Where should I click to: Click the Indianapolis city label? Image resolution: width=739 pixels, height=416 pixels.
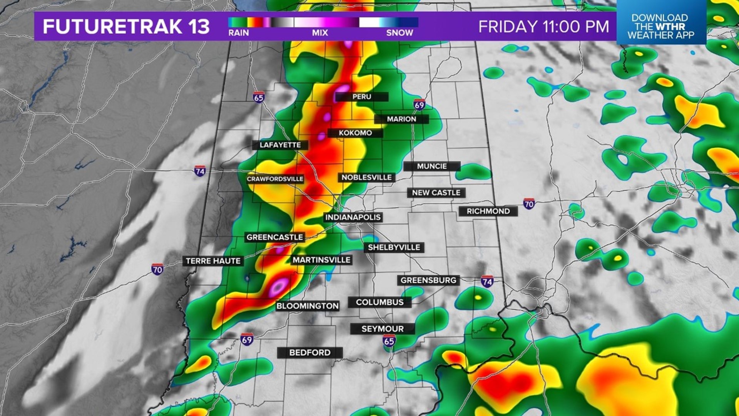pos(353,217)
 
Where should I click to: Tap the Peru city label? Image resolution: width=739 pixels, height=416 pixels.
pos(361,97)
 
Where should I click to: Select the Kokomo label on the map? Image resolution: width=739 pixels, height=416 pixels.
pos(355,133)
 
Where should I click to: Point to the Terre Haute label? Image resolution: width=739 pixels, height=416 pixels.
pos(213,261)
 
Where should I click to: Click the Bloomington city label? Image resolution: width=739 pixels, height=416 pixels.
pos(307,306)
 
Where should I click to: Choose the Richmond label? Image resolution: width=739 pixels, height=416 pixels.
pos(488,211)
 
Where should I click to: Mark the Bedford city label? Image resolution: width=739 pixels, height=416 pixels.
pos(309,352)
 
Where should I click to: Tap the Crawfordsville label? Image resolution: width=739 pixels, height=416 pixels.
pos(275,179)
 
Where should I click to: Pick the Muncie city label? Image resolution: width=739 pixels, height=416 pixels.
pos(431,166)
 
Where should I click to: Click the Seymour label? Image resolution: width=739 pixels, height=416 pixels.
pos(382,329)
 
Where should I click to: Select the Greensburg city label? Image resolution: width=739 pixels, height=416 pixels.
pos(428,280)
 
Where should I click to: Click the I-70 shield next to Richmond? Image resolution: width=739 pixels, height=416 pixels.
pos(529,203)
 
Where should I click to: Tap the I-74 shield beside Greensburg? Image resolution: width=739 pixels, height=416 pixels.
pos(487,282)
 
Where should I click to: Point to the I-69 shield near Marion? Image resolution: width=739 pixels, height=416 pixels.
pos(419,104)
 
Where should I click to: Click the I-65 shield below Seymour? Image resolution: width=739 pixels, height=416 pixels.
pos(389,341)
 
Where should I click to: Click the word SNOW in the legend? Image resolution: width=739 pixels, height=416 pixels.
pos(399,33)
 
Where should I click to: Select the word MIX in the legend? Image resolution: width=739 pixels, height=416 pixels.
pos(320,33)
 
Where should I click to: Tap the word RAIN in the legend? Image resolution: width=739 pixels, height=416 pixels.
pos(238,33)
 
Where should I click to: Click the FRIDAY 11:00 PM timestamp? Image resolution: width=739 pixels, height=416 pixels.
pos(543,27)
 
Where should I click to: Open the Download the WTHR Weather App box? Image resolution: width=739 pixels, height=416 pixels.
pos(660,26)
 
